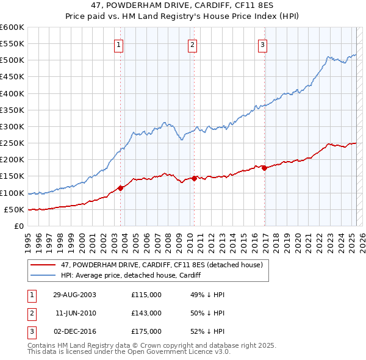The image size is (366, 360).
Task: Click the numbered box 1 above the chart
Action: tap(118, 44)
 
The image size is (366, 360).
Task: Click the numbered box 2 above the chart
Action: tap(192, 44)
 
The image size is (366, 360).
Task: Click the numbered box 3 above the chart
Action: tap(262, 44)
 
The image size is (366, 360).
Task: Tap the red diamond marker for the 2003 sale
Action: tap(121, 188)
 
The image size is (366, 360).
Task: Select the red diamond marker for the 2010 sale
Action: tap(194, 178)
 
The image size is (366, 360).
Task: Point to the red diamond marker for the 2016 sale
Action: tap(264, 168)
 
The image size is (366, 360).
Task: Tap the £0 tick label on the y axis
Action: tap(18, 226)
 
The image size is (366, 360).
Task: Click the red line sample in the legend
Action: tap(44, 265)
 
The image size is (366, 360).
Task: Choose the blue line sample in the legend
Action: tap(44, 275)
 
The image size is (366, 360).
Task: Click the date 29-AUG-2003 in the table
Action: tap(74, 295)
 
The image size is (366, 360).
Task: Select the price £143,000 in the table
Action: tap(146, 313)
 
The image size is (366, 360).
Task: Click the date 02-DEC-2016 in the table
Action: tap(74, 331)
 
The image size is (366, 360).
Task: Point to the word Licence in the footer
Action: tap(193, 351)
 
